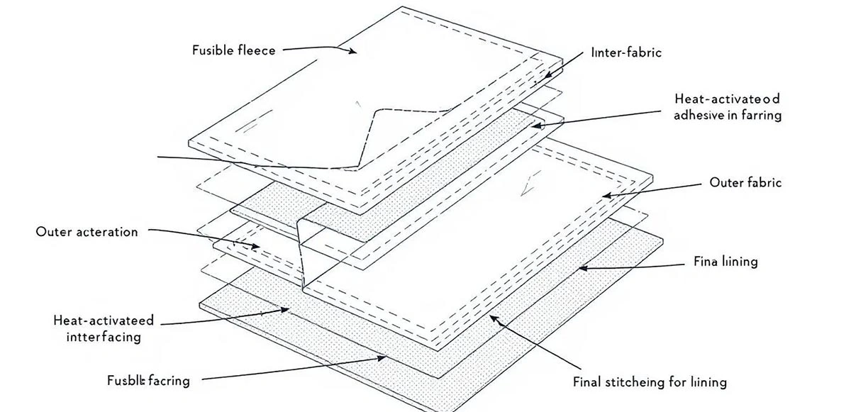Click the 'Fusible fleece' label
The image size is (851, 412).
pos(233,50)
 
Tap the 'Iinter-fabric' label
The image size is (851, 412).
pos(625,52)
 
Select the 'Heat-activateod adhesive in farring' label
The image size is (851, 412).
pos(727,107)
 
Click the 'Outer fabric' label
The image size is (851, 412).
pos(745,182)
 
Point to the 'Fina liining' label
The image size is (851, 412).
pos(725,262)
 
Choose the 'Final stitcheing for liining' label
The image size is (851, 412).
pos(649,382)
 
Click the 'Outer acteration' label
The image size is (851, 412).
pos(87,232)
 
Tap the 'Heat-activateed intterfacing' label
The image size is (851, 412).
pos(104,328)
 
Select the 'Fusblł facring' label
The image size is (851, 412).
pos(148,380)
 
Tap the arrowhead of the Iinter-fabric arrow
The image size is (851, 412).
pos(547,76)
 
